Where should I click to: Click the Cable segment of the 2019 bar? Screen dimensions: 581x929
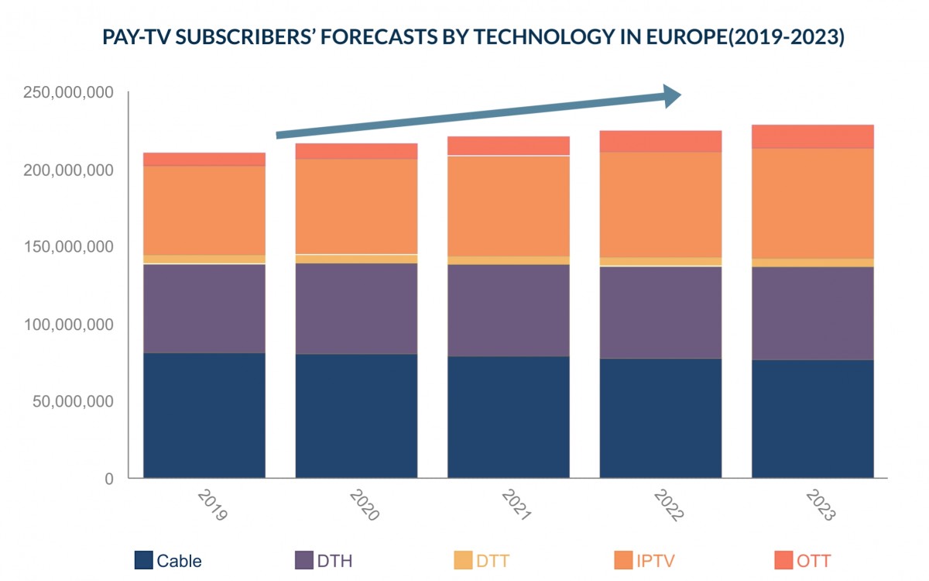pos(204,415)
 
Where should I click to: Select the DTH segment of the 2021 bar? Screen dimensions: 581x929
pos(509,310)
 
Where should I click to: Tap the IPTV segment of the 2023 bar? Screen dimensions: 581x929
pos(813,203)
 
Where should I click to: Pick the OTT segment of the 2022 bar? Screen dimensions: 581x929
pos(660,141)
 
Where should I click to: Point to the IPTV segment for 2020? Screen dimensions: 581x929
pos(356,207)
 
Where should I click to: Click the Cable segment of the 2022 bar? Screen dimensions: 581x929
pos(660,418)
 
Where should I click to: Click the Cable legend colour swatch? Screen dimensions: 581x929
pos(143,559)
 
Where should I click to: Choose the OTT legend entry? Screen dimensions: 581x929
pos(802,560)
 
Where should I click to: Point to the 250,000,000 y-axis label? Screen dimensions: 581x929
pos(69,93)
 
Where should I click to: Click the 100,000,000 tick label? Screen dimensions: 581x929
pos(69,325)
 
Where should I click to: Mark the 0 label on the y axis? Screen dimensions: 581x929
pos(109,479)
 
